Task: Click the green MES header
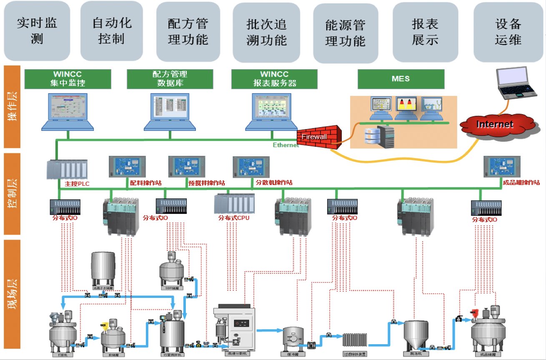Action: click(401, 79)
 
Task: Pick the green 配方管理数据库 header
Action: click(170, 79)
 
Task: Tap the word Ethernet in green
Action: click(286, 145)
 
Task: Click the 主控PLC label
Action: click(77, 183)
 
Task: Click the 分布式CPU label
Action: click(234, 217)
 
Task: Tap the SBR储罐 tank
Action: click(172, 270)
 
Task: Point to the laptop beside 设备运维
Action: click(516, 83)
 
